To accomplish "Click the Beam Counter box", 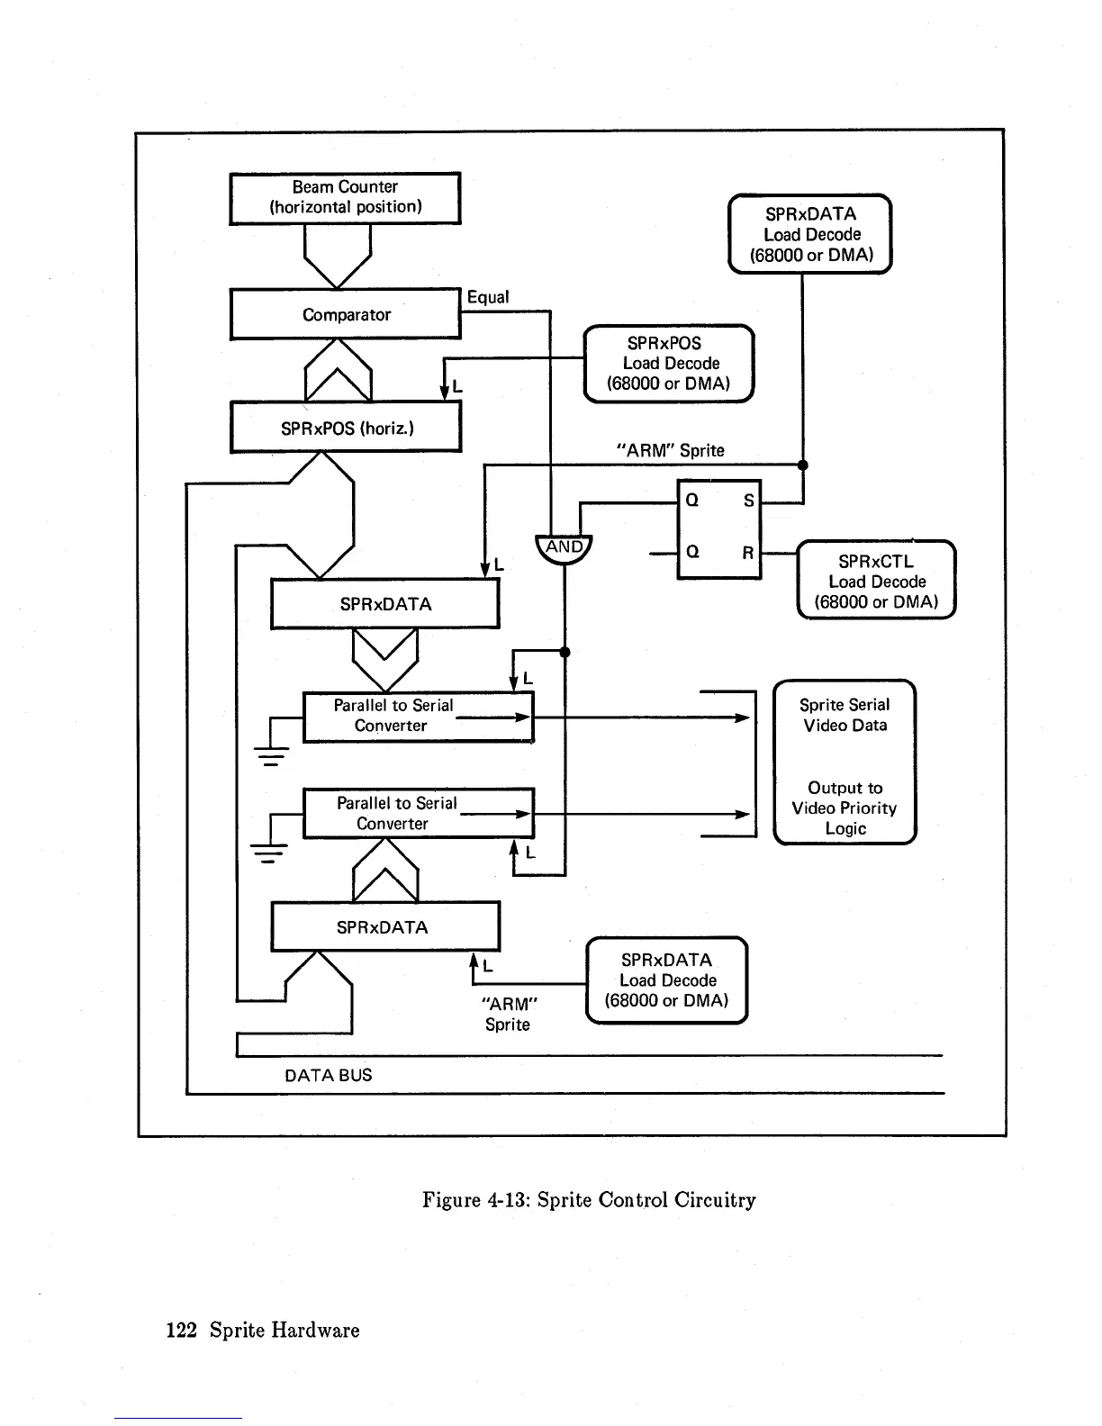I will click(345, 197).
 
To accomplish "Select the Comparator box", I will click(345, 314).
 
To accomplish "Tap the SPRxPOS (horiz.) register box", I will click(346, 428).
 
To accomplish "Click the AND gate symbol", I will click(565, 548).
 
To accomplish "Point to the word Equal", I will click(488, 297).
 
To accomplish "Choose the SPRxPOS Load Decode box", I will click(669, 364).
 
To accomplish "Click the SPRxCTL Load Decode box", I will click(876, 581).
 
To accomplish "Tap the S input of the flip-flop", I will click(748, 501).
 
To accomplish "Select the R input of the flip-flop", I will click(747, 553).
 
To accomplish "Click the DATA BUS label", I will click(328, 1075).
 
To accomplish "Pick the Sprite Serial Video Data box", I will click(845, 762).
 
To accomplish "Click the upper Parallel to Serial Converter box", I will click(418, 717).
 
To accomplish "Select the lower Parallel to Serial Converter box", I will click(418, 814).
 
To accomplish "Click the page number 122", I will click(181, 1331).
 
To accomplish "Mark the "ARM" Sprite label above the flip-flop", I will click(670, 450).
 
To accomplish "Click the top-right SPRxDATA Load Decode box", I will click(809, 234).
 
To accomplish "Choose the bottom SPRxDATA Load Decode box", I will click(667, 980).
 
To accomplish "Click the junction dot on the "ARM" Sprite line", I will click(803, 465).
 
